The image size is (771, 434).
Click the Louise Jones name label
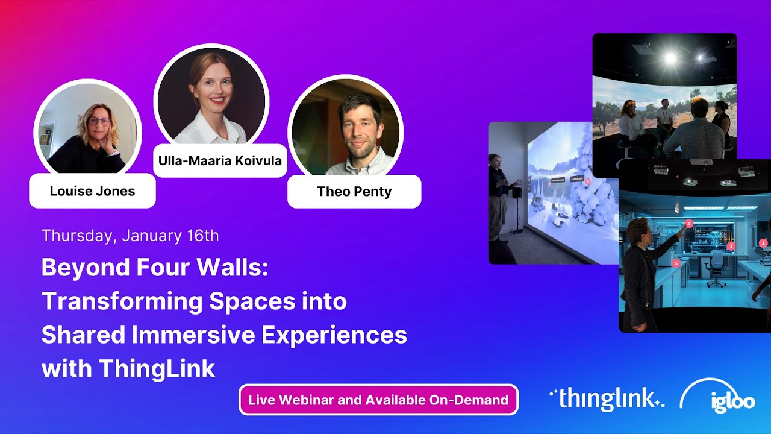(x=92, y=191)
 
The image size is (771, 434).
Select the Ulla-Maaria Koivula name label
(x=220, y=161)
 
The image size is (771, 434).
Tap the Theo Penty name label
(x=354, y=192)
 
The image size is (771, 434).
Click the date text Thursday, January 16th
(x=130, y=235)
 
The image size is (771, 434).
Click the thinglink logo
(x=607, y=398)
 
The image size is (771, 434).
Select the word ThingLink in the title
(x=157, y=368)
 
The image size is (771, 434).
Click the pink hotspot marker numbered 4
(x=689, y=224)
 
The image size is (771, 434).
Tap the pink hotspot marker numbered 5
(x=676, y=263)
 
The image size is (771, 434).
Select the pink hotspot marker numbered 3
(x=731, y=246)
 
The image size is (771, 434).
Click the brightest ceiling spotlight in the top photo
(x=669, y=58)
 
